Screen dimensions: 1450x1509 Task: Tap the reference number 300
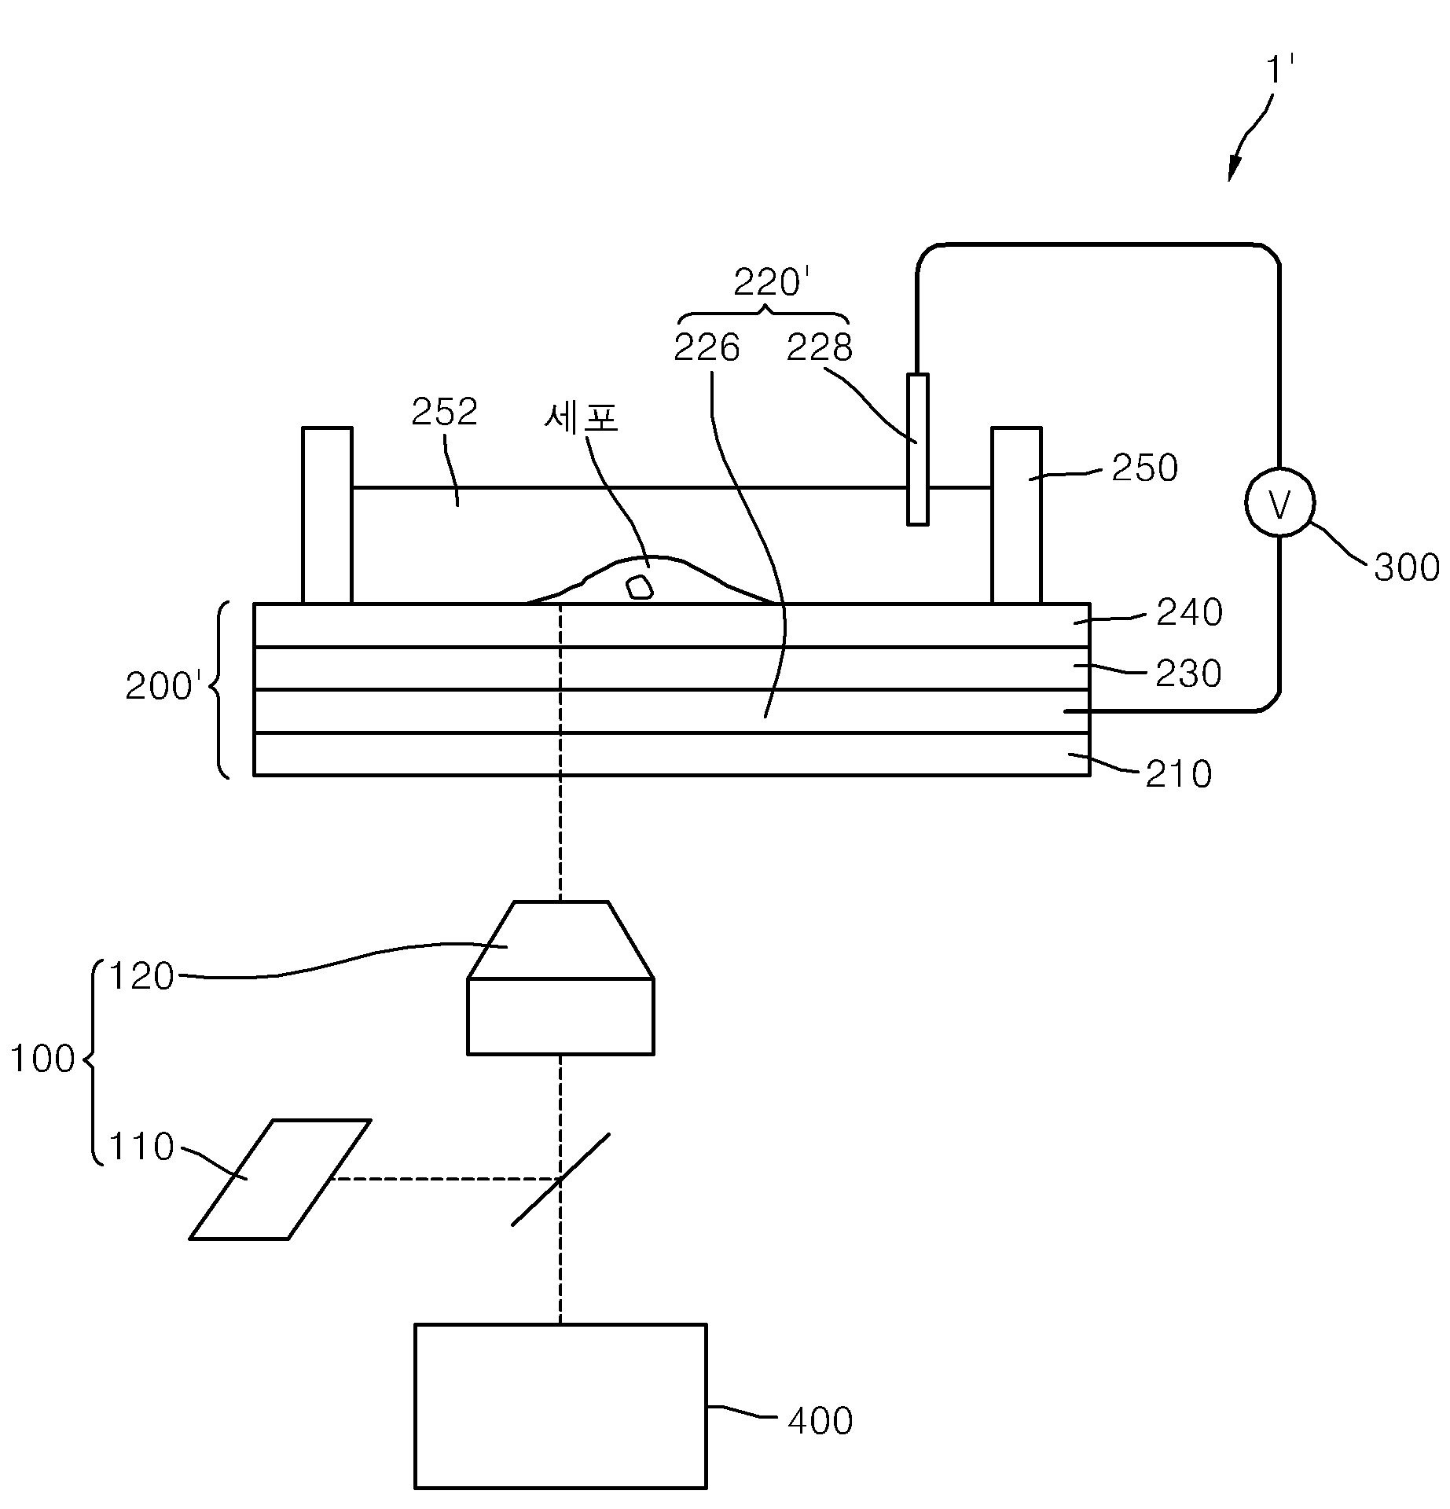tap(1406, 567)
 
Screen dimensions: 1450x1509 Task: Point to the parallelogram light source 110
tap(280, 1179)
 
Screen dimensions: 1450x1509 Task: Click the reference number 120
tap(141, 977)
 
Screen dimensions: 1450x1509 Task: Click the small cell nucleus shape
tap(639, 587)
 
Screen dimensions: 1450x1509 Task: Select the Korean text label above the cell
tap(582, 417)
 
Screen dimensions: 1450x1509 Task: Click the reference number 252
tap(445, 412)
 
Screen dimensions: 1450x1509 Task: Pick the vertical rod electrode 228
tap(917, 449)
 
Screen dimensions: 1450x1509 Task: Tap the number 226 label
tap(707, 348)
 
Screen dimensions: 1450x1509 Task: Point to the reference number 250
tap(1144, 468)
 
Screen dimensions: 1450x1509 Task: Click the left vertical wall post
tap(327, 516)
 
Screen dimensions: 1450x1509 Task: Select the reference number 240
tap(1189, 613)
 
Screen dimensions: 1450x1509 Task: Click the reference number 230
tap(1188, 674)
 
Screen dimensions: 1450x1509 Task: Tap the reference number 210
tap(1178, 775)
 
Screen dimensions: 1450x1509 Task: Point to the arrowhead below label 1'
tap(1234, 170)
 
